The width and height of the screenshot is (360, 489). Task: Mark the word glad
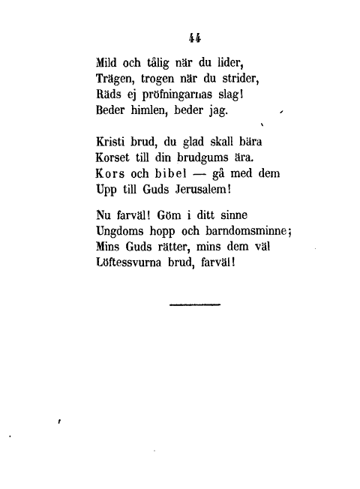click(193, 142)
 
